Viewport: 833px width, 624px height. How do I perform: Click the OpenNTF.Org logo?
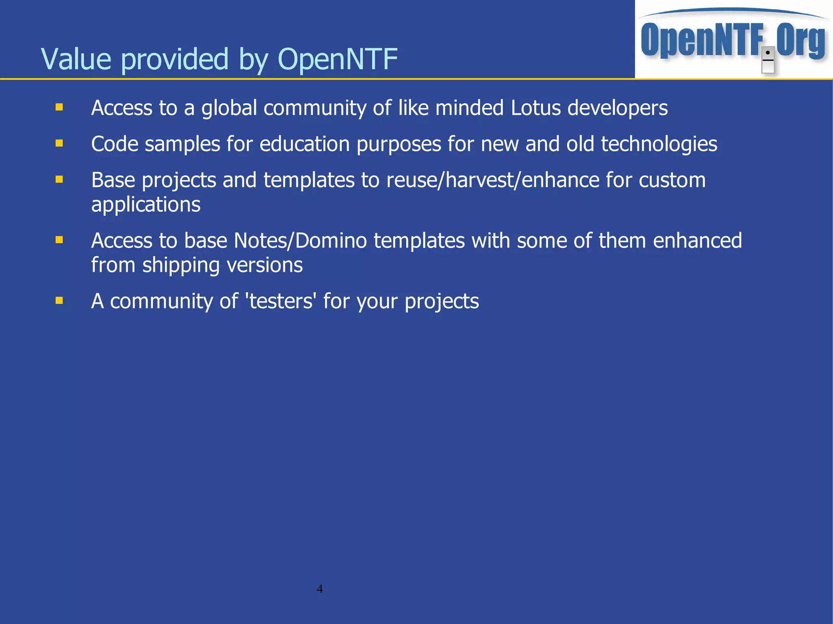pos(733,40)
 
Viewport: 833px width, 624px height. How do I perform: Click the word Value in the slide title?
pos(76,59)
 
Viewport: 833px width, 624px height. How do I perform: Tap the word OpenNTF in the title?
pos(337,59)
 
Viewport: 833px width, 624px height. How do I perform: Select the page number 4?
pos(320,589)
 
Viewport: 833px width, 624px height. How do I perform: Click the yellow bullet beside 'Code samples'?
pos(59,143)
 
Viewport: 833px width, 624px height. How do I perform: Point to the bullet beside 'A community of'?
pos(59,300)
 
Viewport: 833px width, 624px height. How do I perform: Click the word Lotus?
pos(536,108)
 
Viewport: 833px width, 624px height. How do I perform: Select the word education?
pos(305,144)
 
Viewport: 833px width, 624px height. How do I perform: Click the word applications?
pos(146,204)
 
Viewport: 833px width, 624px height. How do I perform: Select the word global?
pos(229,108)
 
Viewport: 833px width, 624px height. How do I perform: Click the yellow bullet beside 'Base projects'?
pos(59,179)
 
